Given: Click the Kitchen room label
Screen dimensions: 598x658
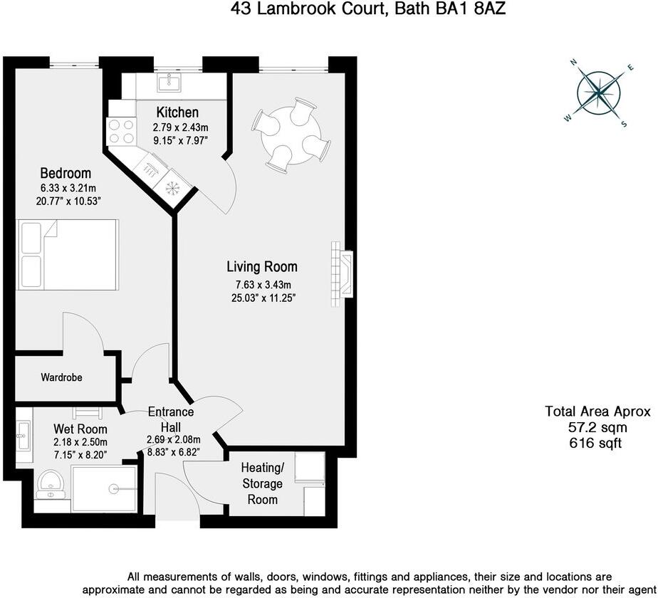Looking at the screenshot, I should coord(177,112).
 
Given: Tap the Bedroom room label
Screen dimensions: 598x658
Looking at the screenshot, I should coord(66,173).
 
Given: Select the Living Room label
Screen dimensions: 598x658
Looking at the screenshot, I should coord(261,267).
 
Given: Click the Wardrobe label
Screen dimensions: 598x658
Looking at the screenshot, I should coord(61,377).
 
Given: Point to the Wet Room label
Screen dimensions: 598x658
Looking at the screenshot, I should coord(80,429).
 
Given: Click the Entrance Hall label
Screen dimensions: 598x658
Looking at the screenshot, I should coord(170,419).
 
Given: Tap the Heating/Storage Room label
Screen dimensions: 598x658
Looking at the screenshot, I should coord(262,483).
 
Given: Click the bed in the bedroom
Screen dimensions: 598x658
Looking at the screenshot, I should coord(67,255).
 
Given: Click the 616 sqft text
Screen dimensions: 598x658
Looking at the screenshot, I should coord(597,443).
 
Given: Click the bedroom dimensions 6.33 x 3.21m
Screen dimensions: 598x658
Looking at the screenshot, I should coord(68,189).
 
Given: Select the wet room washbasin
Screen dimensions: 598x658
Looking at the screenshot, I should coord(23,434).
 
